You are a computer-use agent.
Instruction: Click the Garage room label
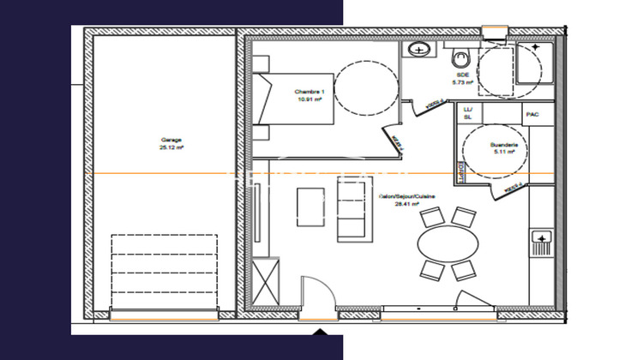171,140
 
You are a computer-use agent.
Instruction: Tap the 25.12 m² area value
171,147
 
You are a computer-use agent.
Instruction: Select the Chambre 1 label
309,92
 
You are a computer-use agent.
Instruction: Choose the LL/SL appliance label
468,113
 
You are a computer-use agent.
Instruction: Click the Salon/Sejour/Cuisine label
407,197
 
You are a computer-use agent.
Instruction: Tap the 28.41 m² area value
406,205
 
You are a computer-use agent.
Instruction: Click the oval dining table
448,243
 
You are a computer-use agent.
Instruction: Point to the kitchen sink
542,236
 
